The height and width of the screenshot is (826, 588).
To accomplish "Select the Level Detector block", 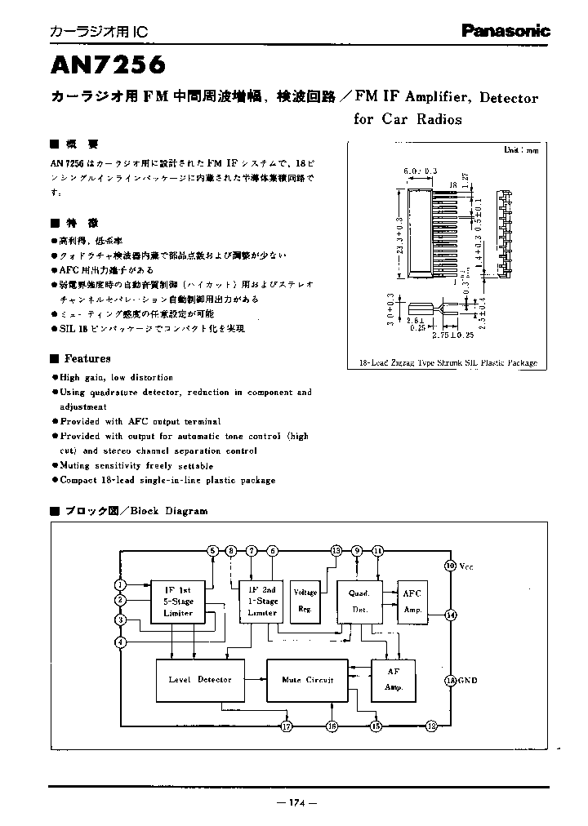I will coord(200,679).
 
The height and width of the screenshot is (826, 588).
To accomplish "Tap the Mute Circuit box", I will coord(307,679).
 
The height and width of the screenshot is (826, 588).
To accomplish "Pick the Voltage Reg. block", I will coord(305,602).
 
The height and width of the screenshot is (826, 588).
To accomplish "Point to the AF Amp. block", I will coord(394,679).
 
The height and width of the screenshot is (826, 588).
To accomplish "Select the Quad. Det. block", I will coord(359,602).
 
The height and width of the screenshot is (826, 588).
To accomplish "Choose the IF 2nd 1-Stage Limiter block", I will coord(262,602).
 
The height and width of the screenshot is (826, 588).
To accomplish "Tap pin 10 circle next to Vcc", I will coord(449,566).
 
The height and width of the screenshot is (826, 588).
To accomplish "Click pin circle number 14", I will coord(449,615).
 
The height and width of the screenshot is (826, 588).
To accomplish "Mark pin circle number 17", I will coord(286,725).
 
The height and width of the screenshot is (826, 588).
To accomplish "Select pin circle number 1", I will coord(120,584).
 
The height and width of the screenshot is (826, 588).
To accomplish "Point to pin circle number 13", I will coord(335,551).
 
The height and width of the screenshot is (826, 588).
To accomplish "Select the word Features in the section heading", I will coord(87,358).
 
